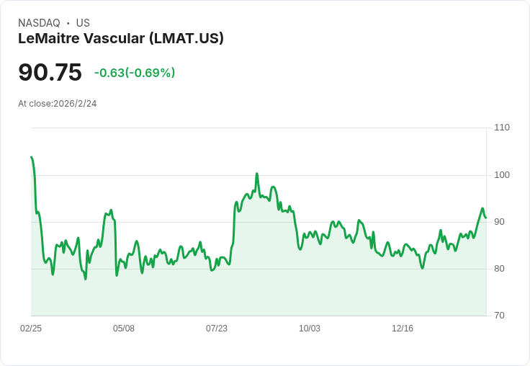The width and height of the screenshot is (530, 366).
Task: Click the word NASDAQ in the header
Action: point(39,23)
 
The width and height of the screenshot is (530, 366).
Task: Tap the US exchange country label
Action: point(83,23)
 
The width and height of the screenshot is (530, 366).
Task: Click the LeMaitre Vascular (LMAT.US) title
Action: point(121,38)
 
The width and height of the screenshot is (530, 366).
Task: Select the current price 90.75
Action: point(50,73)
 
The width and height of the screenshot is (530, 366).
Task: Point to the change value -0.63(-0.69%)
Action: point(135,73)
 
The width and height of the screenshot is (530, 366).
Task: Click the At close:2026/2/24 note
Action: point(58,104)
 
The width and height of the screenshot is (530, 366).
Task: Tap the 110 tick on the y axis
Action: point(502,128)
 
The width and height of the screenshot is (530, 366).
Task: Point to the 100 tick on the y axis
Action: point(502,175)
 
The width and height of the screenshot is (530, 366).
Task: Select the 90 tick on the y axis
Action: point(500,222)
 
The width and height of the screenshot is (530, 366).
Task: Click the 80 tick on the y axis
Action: point(500,269)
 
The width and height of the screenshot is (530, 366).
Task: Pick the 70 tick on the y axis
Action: point(500,316)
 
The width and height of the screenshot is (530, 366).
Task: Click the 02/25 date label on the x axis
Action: point(31,329)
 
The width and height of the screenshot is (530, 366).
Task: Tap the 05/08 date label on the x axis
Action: point(124,329)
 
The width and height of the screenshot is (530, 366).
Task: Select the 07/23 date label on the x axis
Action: point(217,329)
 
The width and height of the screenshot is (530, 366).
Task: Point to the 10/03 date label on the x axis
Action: point(310,329)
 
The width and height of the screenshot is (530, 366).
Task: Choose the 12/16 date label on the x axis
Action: point(403,329)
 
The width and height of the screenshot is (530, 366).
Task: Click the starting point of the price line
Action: point(31,157)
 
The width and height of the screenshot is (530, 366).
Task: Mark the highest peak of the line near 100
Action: point(256,174)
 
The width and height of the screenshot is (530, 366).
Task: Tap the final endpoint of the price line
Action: point(486,218)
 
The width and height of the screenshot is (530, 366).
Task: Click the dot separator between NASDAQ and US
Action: point(68,23)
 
